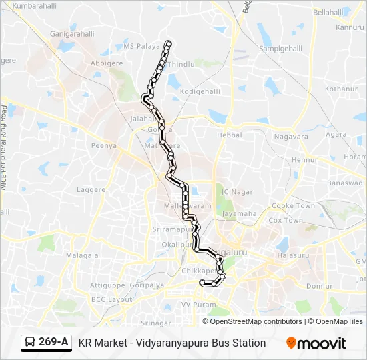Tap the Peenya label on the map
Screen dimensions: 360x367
point(104,145)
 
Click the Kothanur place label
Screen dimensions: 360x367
point(342,89)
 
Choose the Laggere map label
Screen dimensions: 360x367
point(91,189)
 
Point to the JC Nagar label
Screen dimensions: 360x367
point(238,192)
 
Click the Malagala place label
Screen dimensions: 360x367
point(83,255)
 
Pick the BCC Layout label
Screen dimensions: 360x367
point(112,299)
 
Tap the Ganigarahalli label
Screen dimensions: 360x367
point(72,33)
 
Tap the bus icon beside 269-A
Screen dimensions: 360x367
point(30,343)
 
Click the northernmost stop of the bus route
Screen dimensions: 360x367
point(168,44)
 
